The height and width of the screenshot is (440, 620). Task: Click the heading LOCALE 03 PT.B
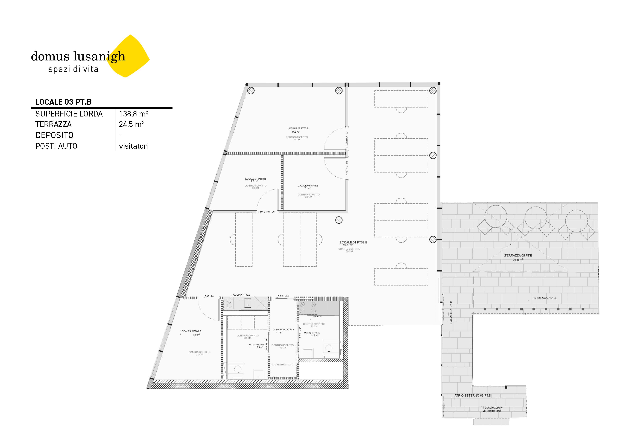click(x=63, y=102)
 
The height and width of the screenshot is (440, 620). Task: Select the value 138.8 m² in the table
click(x=133, y=114)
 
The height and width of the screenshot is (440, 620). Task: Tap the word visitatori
click(x=134, y=146)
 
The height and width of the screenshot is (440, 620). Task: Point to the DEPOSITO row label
click(x=54, y=135)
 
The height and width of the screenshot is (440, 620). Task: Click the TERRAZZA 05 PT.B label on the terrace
click(x=518, y=255)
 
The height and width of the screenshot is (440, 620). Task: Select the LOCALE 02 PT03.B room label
click(x=298, y=128)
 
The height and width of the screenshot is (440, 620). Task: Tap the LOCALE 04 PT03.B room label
click(x=255, y=179)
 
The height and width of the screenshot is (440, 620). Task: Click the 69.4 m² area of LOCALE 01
click(x=347, y=245)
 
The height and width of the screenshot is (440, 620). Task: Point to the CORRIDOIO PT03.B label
click(x=283, y=330)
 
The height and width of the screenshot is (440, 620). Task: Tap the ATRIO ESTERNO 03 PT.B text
click(x=472, y=396)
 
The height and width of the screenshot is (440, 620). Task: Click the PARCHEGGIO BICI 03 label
click(x=544, y=298)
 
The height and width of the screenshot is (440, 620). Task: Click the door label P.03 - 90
click(x=209, y=296)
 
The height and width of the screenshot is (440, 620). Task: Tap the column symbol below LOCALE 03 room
click(x=339, y=220)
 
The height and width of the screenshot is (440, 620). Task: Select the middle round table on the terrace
click(x=536, y=218)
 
